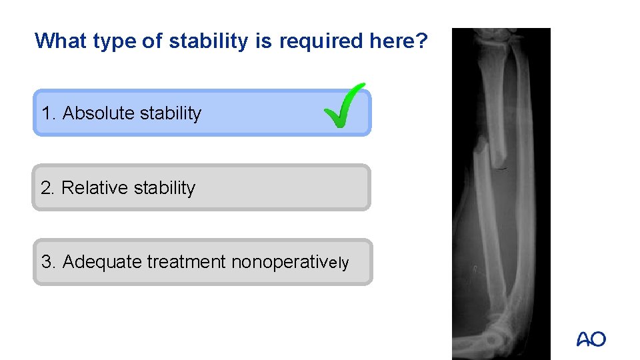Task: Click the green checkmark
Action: [345, 107]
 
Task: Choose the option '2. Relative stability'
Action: [201, 188]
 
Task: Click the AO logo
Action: [591, 339]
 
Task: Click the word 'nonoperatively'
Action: [289, 262]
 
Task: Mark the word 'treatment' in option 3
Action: [186, 262]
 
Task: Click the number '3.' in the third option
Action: [49, 262]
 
